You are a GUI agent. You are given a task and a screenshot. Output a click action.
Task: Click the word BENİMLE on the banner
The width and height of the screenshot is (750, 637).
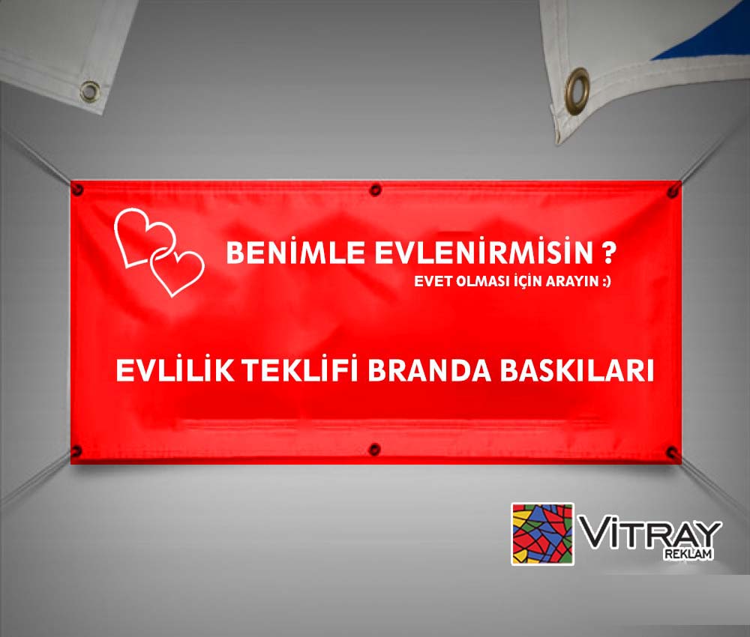click(x=295, y=252)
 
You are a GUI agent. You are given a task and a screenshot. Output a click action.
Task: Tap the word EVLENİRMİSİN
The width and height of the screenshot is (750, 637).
click(x=484, y=252)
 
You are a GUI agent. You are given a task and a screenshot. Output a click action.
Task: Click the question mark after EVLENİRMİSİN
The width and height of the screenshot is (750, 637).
click(x=608, y=253)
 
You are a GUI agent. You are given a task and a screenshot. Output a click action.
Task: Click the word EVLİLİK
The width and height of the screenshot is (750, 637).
click(x=175, y=369)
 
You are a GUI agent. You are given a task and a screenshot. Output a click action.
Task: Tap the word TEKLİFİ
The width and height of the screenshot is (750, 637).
click(x=300, y=369)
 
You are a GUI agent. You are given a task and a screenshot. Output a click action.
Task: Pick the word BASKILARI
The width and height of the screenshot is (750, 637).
click(x=577, y=370)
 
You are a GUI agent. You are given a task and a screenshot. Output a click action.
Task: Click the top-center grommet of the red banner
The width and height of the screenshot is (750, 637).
click(x=376, y=190)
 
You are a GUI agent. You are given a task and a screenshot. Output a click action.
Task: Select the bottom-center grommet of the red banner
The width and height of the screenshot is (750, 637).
click(x=375, y=449)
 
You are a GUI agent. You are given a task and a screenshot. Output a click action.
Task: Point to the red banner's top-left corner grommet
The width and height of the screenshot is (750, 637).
click(x=77, y=190)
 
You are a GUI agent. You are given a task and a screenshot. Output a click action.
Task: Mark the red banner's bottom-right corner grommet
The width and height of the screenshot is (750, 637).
click(x=672, y=452)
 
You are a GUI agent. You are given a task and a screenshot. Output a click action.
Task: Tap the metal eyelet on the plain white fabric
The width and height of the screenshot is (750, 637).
click(x=90, y=91)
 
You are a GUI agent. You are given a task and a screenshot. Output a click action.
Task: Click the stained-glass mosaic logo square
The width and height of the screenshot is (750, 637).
click(x=542, y=534)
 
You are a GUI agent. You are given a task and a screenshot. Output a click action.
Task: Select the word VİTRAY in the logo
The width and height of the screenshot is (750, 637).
click(x=650, y=534)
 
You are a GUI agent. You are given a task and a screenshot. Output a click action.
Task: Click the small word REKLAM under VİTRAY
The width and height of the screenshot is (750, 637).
click(x=688, y=555)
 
